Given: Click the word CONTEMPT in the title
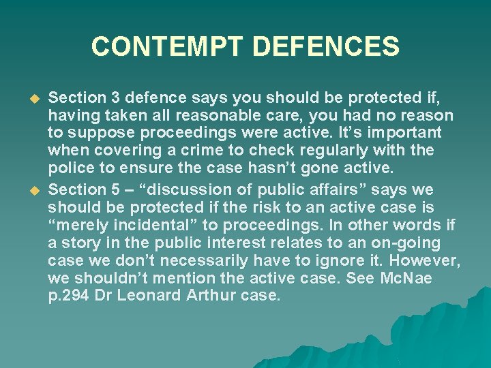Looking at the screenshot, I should click(x=167, y=47).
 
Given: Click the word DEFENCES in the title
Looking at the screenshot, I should click(x=325, y=47).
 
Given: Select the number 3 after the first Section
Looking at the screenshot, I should click(x=105, y=98).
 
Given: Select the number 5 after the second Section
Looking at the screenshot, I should click(x=105, y=189).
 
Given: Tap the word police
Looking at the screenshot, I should click(x=70, y=168).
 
